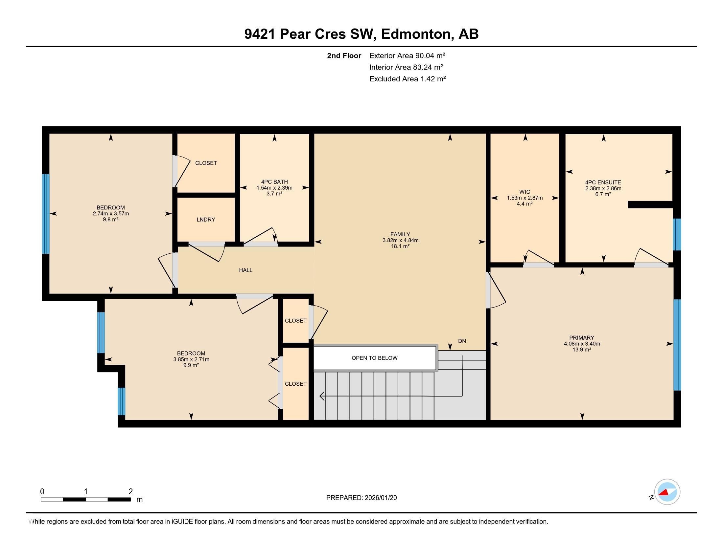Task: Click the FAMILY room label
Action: (x=400, y=234)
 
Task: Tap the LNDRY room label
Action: (x=206, y=220)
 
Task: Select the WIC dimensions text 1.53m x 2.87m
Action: (x=525, y=198)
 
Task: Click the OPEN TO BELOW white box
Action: (x=374, y=358)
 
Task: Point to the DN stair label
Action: (x=462, y=341)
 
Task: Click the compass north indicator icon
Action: (x=667, y=492)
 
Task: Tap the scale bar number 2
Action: (x=130, y=491)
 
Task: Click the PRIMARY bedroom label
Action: (x=582, y=337)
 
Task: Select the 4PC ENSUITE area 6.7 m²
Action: (x=603, y=194)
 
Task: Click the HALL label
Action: (x=245, y=270)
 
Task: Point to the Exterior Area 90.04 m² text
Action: (x=407, y=55)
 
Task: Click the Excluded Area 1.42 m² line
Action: (x=408, y=79)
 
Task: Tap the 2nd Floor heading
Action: (x=344, y=55)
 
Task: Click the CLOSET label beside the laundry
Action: (x=206, y=163)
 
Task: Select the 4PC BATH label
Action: (x=274, y=182)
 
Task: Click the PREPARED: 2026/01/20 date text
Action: (x=361, y=498)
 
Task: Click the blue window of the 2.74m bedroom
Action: (x=46, y=214)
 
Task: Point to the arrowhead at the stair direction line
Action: (x=322, y=396)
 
